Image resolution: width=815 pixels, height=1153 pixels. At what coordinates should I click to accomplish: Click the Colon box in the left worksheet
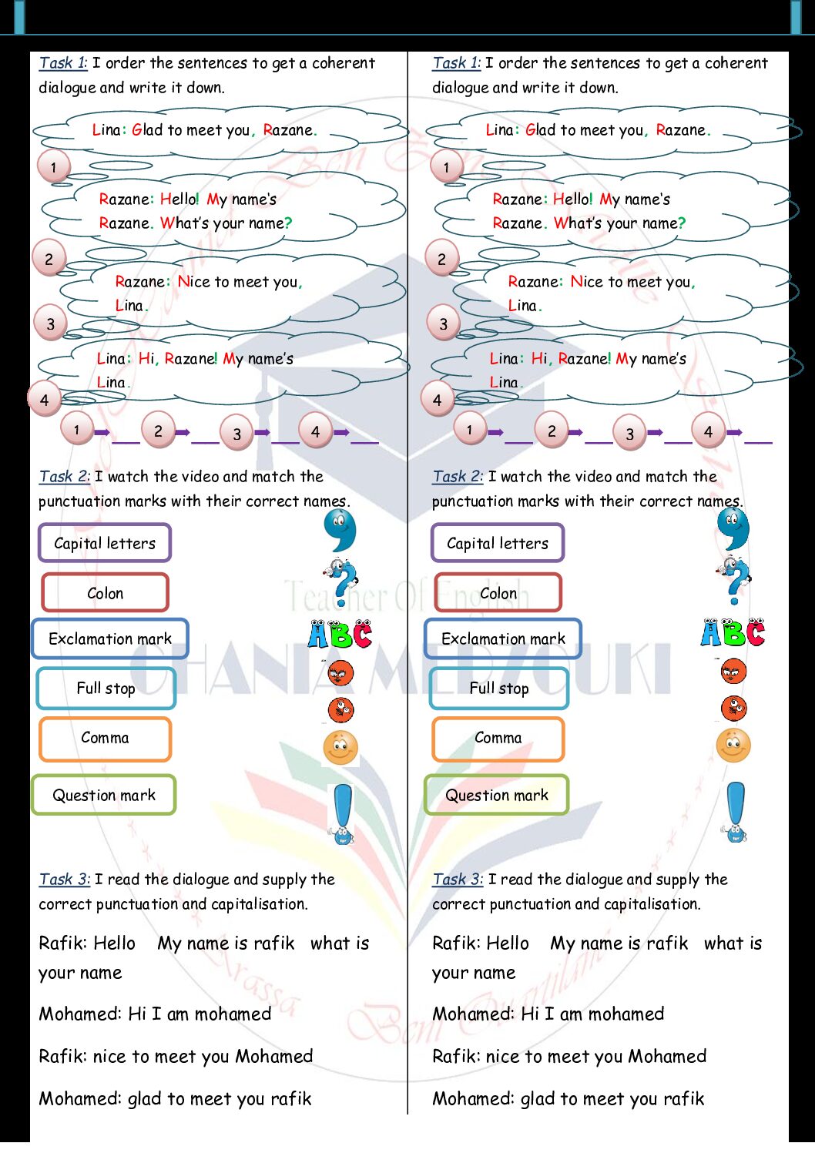(105, 592)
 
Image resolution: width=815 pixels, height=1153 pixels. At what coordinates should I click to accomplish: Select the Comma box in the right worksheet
(498, 739)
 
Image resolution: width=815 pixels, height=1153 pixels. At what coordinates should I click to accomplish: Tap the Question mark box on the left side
(103, 795)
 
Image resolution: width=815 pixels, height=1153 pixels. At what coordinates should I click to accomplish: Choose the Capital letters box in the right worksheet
(498, 542)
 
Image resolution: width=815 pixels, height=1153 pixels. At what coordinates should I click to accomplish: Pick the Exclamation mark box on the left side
(109, 639)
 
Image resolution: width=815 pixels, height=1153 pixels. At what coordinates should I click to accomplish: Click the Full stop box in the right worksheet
(499, 689)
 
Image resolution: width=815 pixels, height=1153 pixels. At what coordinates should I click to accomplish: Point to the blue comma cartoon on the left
(340, 529)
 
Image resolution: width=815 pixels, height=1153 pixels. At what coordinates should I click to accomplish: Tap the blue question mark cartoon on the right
(733, 581)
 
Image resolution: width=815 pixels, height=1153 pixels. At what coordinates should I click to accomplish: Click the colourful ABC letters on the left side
(340, 634)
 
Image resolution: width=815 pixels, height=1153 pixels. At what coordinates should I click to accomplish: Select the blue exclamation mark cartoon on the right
(736, 812)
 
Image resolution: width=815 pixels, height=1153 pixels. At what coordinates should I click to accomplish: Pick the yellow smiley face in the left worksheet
(340, 747)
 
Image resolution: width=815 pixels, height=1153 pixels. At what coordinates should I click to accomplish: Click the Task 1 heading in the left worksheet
(63, 63)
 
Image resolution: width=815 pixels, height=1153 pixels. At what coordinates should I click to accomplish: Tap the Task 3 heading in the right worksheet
(457, 879)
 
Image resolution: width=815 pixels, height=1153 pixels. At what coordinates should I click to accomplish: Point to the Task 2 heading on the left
(65, 476)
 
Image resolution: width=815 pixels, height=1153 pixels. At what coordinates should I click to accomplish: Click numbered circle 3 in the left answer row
(236, 433)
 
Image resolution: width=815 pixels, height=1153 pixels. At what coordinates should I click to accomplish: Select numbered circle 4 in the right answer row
(708, 431)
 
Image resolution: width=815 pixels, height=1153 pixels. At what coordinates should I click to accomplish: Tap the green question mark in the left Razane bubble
(288, 223)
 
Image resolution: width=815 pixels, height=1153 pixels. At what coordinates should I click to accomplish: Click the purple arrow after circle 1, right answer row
(495, 432)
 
